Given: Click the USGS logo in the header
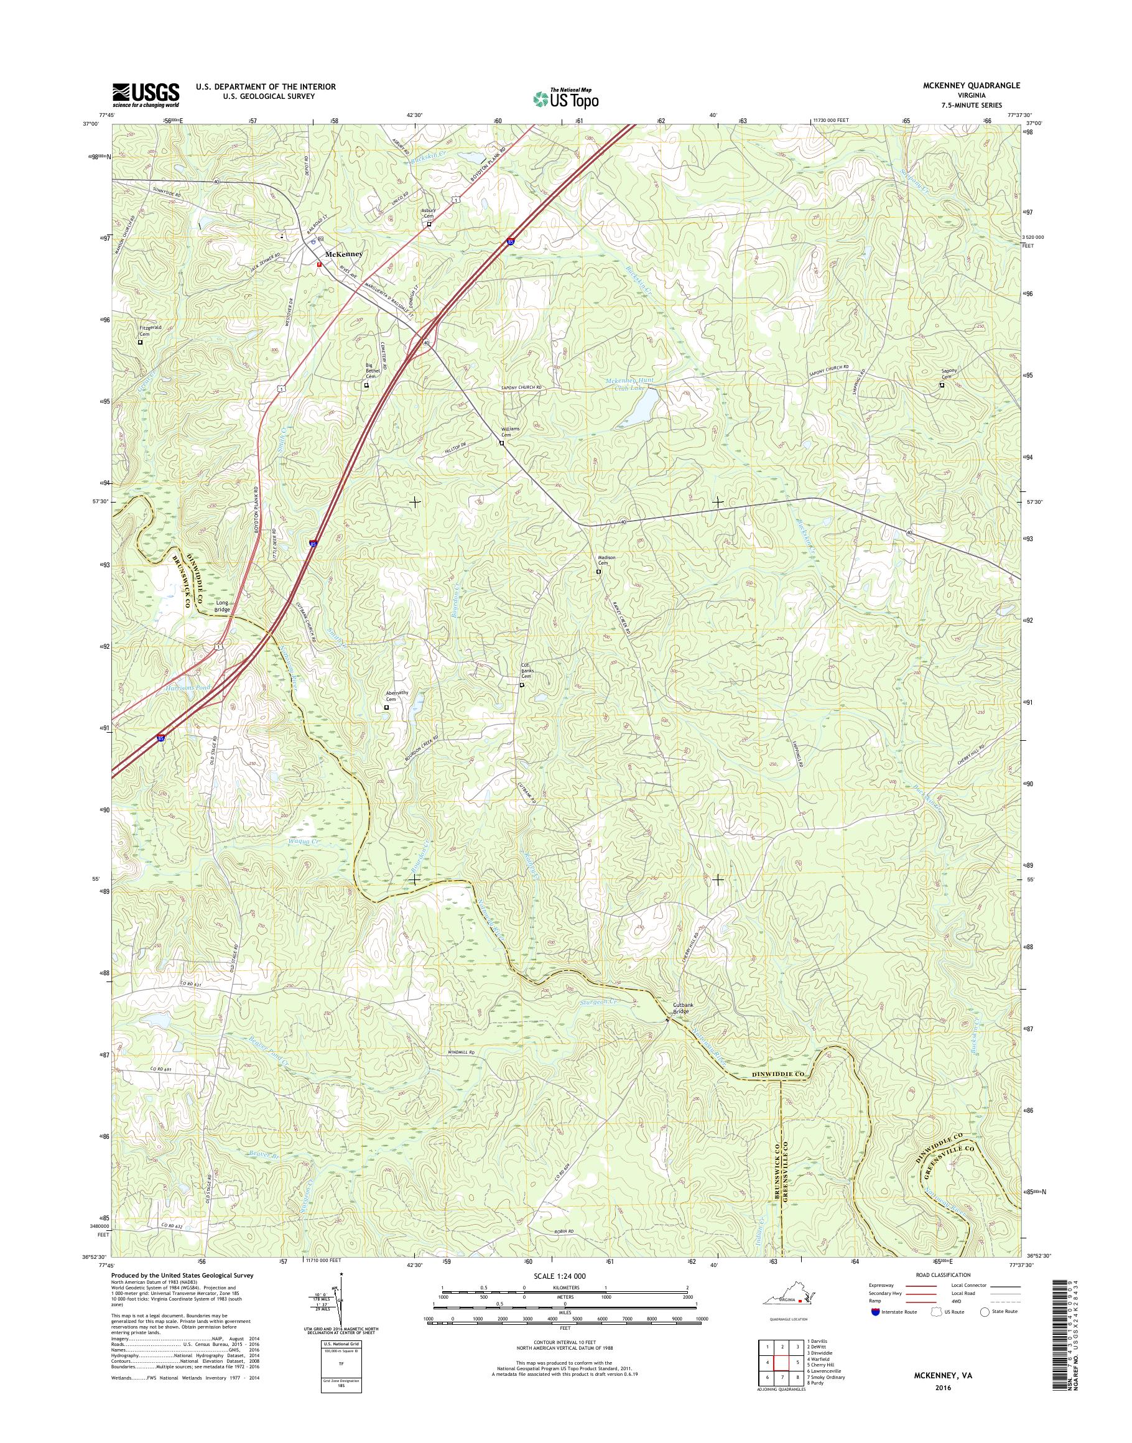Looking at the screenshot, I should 145,94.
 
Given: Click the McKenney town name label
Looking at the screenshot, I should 343,254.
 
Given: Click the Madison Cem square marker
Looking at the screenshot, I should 598,572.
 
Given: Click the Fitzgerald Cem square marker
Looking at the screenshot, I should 140,343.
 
